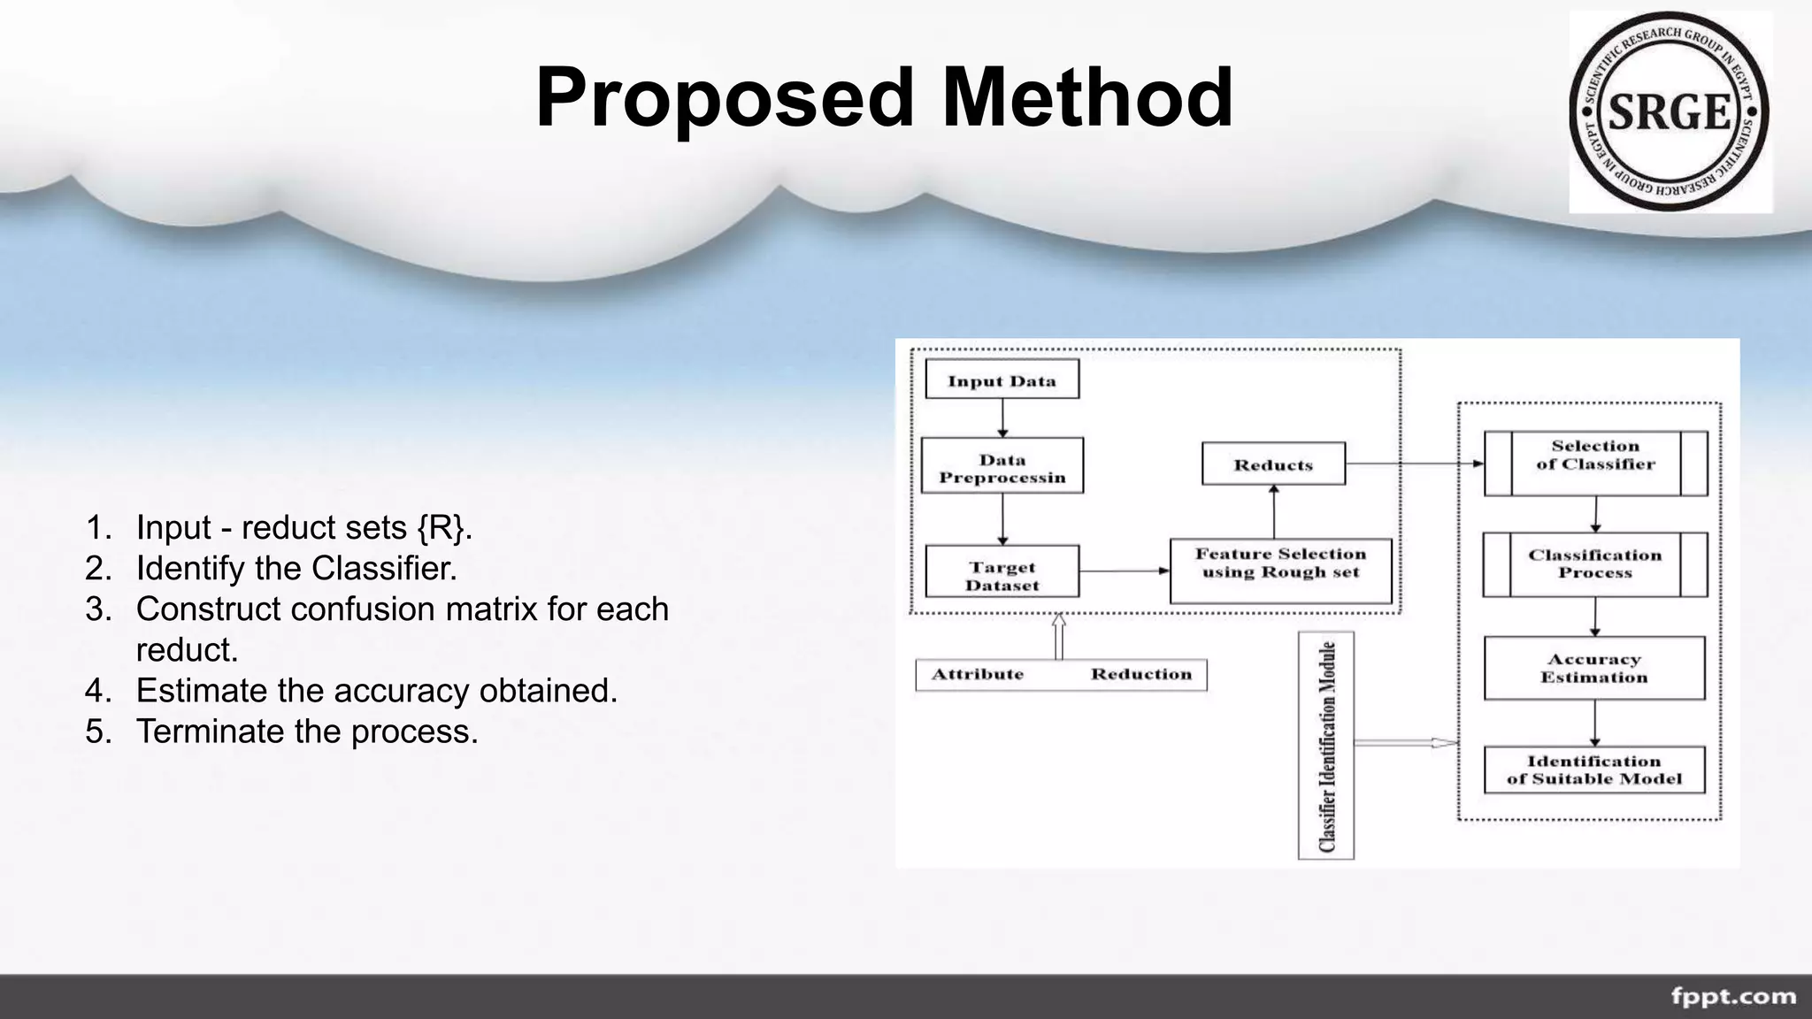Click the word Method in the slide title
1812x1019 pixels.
pyautogui.click(x=1087, y=97)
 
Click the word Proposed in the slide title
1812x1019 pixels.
pyautogui.click(x=725, y=99)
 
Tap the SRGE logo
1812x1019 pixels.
pyautogui.click(x=1670, y=112)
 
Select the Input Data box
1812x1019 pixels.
pyautogui.click(x=1002, y=380)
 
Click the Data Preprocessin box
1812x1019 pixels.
pyautogui.click(x=1002, y=466)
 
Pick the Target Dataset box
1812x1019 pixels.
pyautogui.click(x=1002, y=572)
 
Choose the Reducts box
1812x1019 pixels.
pyautogui.click(x=1273, y=464)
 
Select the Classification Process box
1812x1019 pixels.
pyautogui.click(x=1594, y=564)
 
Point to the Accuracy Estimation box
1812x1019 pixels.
pyautogui.click(x=1594, y=668)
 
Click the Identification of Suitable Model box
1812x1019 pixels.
pyautogui.click(x=1594, y=770)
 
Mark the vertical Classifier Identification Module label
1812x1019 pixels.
pyautogui.click(x=1325, y=746)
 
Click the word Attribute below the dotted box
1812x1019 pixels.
pyautogui.click(x=978, y=675)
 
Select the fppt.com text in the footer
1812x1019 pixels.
pyautogui.click(x=1733, y=997)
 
